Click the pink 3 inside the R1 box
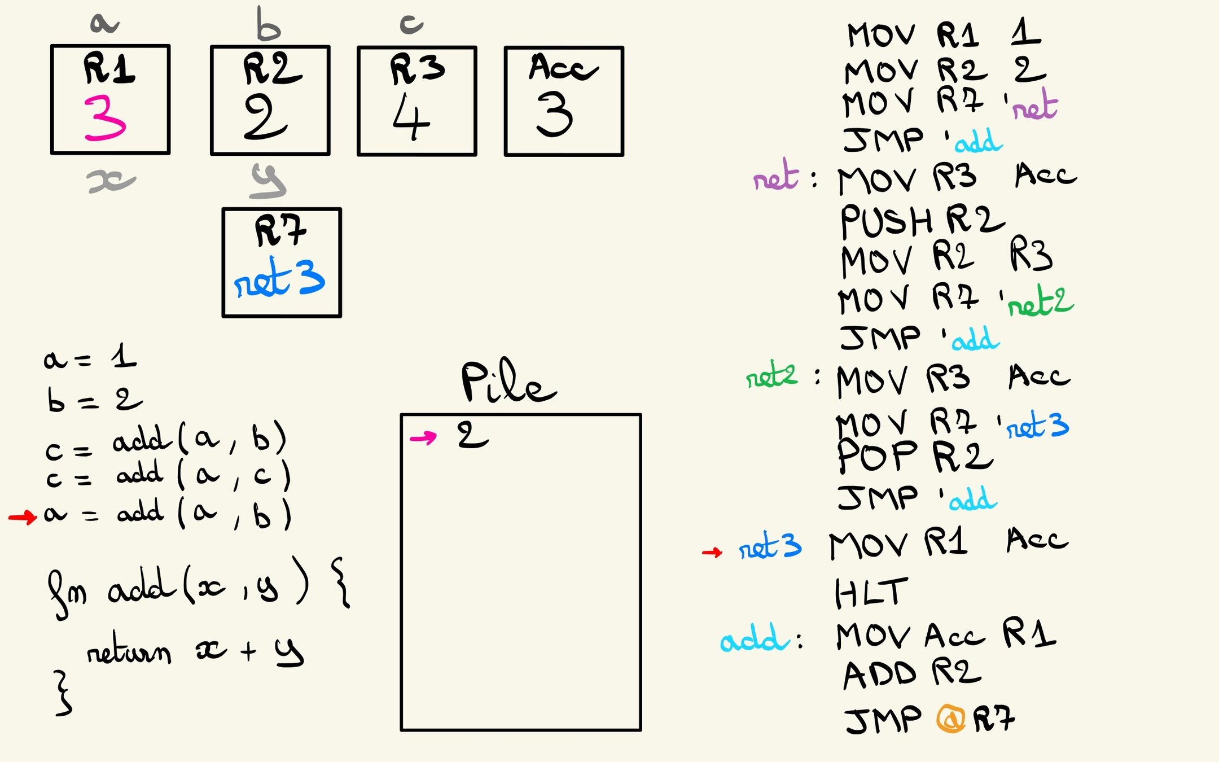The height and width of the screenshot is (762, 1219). click(104, 118)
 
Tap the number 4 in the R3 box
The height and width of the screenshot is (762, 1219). click(411, 117)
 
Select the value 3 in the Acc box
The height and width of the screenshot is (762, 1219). click(554, 115)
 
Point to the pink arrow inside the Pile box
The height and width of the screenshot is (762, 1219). click(423, 437)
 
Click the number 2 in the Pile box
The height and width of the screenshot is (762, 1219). click(472, 435)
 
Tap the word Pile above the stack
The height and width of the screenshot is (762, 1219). click(508, 382)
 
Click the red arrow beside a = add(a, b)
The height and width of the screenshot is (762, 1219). click(23, 516)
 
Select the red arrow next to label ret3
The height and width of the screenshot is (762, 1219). click(712, 551)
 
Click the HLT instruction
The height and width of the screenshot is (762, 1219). click(871, 593)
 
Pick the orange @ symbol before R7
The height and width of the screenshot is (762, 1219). click(951, 719)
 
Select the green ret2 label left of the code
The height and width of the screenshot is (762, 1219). click(771, 375)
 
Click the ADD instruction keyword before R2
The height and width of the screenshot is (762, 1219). click(880, 675)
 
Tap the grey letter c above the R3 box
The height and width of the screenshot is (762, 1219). click(411, 24)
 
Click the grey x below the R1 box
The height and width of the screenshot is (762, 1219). click(111, 181)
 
